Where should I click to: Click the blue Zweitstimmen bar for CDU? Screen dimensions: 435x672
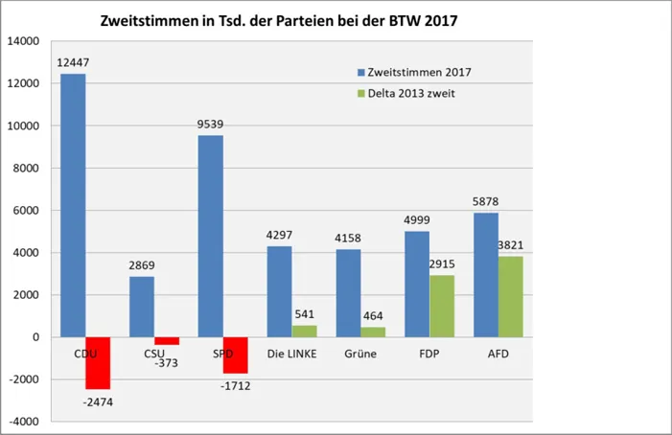point(73,205)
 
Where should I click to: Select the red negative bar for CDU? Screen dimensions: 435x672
point(98,362)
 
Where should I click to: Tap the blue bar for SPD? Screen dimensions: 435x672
point(211,236)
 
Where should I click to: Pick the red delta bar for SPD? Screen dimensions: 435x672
point(236,355)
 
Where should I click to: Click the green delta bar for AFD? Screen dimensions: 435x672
point(511,296)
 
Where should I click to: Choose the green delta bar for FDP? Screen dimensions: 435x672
point(442,306)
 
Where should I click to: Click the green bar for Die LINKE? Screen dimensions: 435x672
point(304,331)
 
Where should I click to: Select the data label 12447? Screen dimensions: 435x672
point(73,63)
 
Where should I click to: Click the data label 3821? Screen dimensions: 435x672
point(511,246)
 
